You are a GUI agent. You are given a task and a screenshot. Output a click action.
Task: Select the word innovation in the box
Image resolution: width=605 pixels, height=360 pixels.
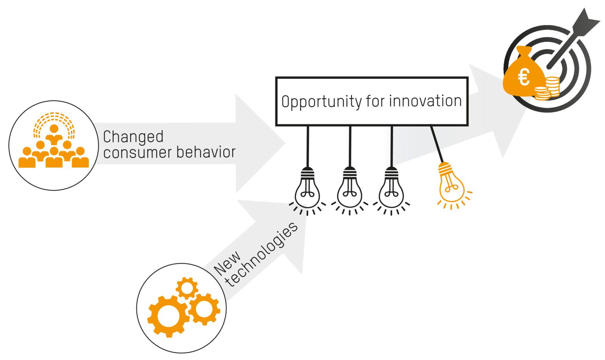coord(425,101)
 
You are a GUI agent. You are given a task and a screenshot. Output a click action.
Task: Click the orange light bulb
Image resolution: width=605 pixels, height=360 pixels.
coord(451,183)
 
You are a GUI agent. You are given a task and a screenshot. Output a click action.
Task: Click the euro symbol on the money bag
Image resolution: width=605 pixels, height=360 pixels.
coord(524,78)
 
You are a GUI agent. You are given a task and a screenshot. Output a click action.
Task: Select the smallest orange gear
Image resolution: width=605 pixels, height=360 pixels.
coord(187,288)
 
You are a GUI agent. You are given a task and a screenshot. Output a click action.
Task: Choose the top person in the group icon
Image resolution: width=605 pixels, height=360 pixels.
coord(54,132)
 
